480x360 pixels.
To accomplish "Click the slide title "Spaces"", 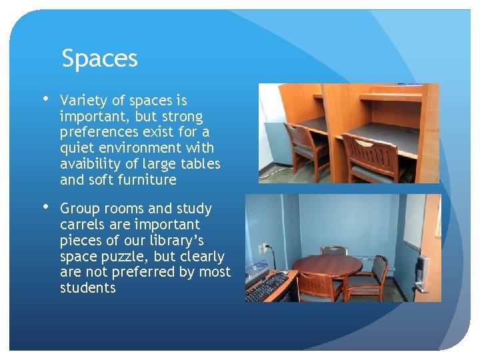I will tap(99, 59).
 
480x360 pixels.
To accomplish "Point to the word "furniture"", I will tap(145, 180).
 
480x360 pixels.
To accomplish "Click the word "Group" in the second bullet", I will tap(79, 209).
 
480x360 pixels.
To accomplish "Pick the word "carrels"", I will tap(82, 225).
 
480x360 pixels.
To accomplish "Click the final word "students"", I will tap(88, 288).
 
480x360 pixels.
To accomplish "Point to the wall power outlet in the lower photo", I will tap(264, 248).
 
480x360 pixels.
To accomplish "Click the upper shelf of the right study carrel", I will tap(391, 98).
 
